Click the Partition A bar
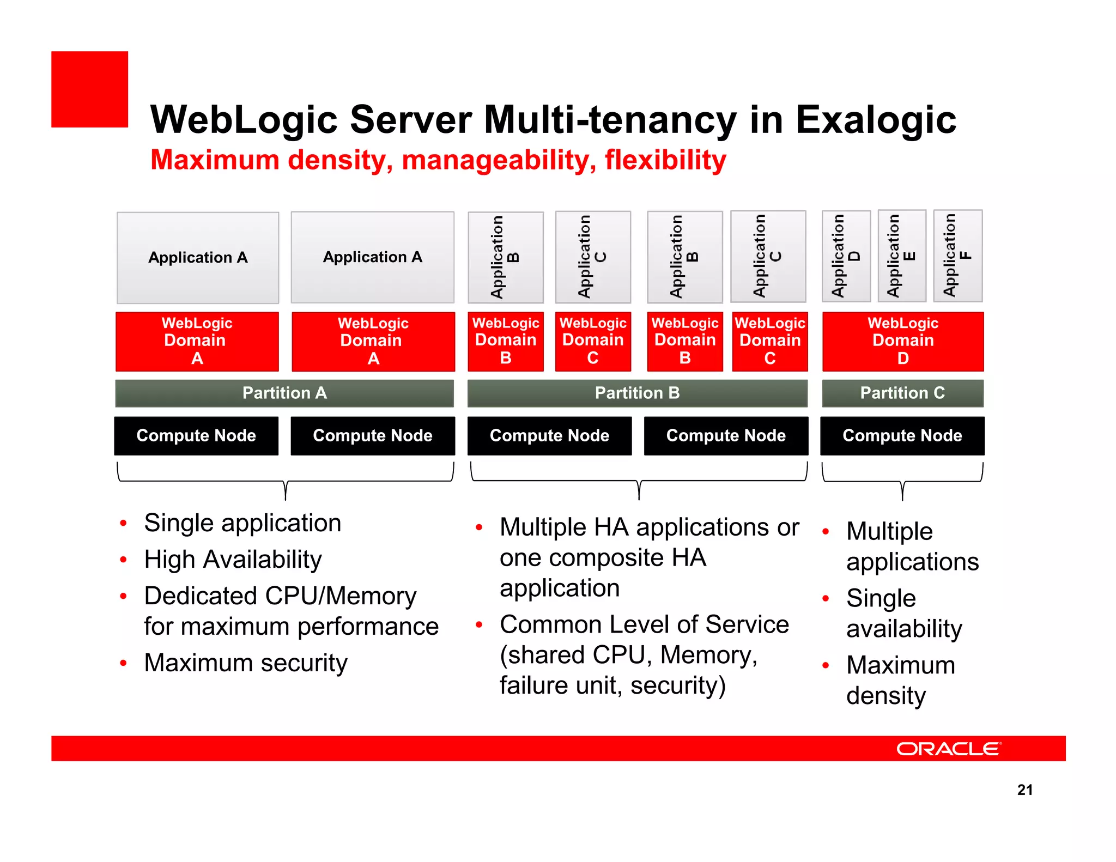pyautogui.click(x=284, y=393)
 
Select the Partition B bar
pyautogui.click(x=637, y=393)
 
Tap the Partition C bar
pyautogui.click(x=902, y=393)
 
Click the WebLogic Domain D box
pyautogui.click(x=903, y=341)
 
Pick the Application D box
pyautogui.click(x=846, y=256)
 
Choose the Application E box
pyautogui.click(x=902, y=256)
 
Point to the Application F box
pyautogui.click(x=957, y=256)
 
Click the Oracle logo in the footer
pyautogui.click(x=949, y=749)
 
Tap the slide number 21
pyautogui.click(x=1024, y=790)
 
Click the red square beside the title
pyautogui.click(x=90, y=89)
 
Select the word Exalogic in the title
pyautogui.click(x=875, y=120)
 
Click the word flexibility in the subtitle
pyautogui.click(x=665, y=160)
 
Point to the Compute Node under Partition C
pyautogui.click(x=902, y=435)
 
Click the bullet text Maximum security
pyautogui.click(x=246, y=663)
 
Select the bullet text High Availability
pyautogui.click(x=233, y=560)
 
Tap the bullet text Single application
pyautogui.click(x=243, y=523)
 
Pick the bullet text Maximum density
pyautogui.click(x=900, y=680)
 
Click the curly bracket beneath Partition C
pyautogui.click(x=902, y=482)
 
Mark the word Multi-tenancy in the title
pyautogui.click(x=610, y=120)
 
